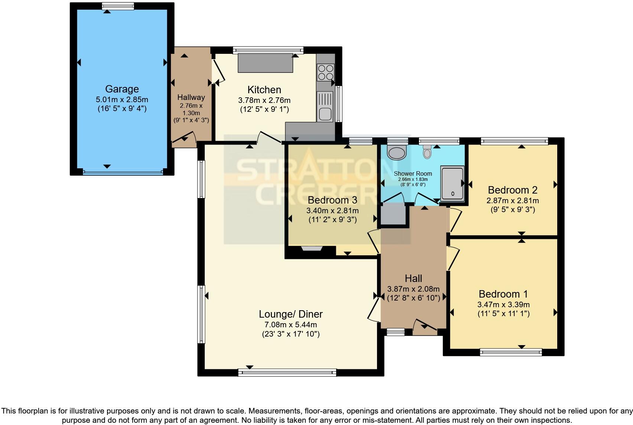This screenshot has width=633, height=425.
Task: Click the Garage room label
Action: [x=122, y=89]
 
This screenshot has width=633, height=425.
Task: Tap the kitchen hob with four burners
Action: [x=325, y=72]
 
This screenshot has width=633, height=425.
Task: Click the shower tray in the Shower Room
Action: [x=452, y=184]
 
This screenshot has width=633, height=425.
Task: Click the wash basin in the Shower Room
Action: [x=396, y=152]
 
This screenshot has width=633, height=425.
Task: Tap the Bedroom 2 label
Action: [x=513, y=190]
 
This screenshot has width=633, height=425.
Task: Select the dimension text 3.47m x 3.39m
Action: [x=503, y=305]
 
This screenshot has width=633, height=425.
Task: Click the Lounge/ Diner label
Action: [x=290, y=314]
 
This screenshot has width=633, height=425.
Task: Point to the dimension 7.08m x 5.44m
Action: [x=290, y=324]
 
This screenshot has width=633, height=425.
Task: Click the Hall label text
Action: [x=413, y=279]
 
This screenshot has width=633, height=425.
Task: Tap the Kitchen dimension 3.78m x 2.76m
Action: [x=264, y=100]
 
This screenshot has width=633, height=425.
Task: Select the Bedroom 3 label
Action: [x=332, y=200]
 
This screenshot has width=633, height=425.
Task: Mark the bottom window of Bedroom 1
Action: [x=511, y=352]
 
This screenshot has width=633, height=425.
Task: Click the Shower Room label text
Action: [x=413, y=173]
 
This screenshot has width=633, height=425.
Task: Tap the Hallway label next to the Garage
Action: [x=191, y=97]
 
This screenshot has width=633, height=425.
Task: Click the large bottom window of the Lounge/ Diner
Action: [x=287, y=372]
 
